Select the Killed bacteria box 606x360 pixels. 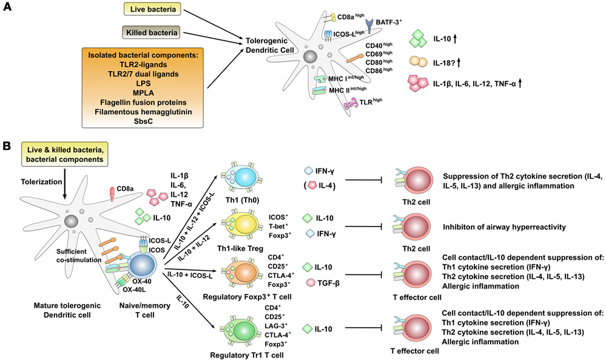click(152, 33)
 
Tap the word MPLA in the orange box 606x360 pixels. click(143, 93)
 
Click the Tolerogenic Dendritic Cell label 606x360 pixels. click(270, 46)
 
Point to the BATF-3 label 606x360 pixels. click(389, 22)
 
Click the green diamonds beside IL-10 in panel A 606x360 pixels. click(418, 39)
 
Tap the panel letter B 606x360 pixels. click(7, 146)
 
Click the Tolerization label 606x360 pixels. click(41, 182)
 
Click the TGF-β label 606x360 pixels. click(329, 283)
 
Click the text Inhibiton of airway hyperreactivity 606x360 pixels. click(504, 227)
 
